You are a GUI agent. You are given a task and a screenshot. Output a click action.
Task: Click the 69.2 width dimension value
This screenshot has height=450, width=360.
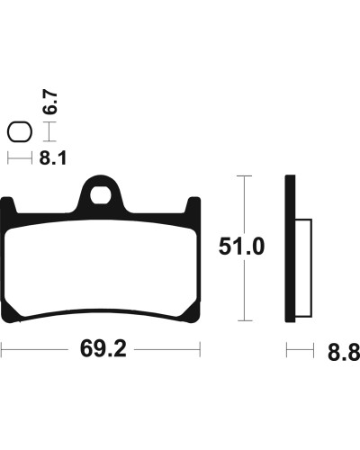pos(103,349)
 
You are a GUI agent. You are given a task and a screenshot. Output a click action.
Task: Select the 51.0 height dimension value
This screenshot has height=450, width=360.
pos(241,247)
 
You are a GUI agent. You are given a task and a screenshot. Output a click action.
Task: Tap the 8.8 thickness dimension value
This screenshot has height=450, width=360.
pos(344,352)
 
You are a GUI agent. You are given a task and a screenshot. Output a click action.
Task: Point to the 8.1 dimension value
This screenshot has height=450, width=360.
pos(53,157)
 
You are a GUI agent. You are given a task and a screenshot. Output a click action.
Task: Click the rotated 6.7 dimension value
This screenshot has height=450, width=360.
pos(50,102)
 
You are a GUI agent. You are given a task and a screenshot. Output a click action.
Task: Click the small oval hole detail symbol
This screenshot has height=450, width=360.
pos(20,132)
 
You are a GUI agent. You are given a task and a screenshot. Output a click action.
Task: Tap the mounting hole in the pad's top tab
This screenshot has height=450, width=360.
pos(101,195)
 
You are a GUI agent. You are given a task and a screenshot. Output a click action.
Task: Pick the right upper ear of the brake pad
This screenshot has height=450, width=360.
pos(193,205)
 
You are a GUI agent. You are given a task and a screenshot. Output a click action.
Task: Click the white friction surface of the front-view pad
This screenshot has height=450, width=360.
pos(101,267)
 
